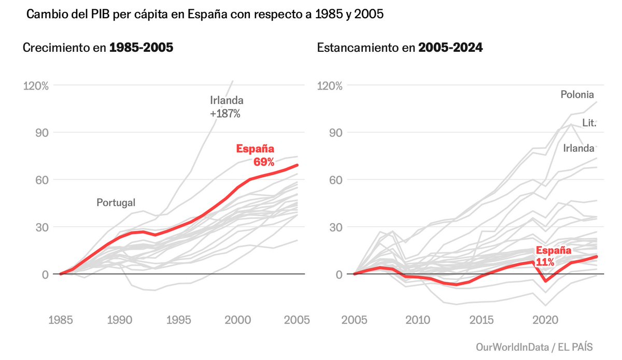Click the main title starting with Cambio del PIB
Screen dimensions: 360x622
[205, 15]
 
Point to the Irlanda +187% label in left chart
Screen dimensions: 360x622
[226, 107]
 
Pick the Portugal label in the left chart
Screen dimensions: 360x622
[116, 203]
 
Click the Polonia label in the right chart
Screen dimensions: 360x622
[577, 94]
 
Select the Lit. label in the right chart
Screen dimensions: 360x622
[589, 123]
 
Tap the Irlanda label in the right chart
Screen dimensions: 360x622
[578, 149]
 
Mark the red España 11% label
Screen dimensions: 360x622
[554, 256]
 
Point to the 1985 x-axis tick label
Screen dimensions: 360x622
[60, 320]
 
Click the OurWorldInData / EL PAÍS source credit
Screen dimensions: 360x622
[534, 346]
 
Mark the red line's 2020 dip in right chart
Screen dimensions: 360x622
[545, 281]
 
